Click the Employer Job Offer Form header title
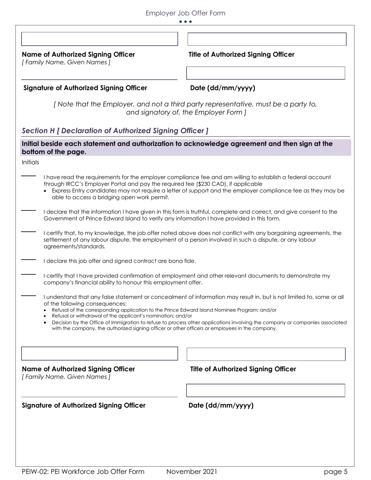(185, 13)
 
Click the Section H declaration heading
(115, 131)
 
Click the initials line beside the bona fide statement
(28, 260)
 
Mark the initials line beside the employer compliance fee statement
(28, 176)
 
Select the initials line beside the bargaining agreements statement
(28, 232)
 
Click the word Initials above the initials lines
(30, 162)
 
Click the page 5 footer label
(335, 472)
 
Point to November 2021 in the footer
(191, 472)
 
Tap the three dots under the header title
(185, 22)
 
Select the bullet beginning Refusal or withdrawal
(122, 316)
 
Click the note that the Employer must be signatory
(185, 108)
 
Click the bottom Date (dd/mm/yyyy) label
(221, 405)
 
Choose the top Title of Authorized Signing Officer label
(241, 55)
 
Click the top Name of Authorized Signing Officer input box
(99, 39)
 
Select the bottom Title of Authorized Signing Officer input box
(266, 354)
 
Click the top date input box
(266, 73)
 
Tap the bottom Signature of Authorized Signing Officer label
(84, 405)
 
